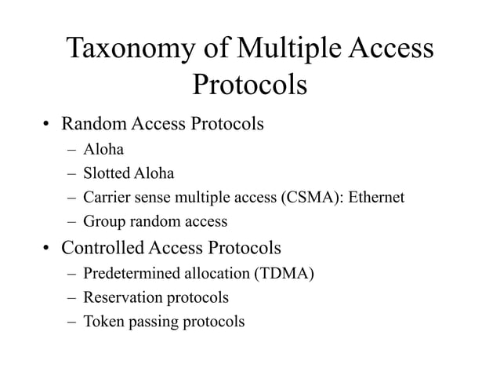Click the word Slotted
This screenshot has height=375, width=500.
point(107,173)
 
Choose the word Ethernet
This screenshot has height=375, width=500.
point(375,197)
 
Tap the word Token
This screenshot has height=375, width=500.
point(103,321)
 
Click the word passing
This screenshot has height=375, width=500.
point(153,322)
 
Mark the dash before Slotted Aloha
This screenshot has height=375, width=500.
point(71,173)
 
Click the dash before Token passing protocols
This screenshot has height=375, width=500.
point(71,322)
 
